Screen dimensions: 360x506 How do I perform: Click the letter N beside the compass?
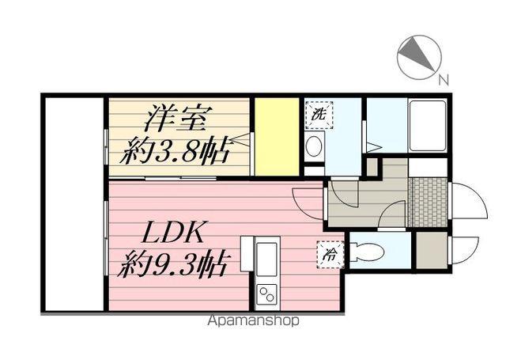pos(444,78)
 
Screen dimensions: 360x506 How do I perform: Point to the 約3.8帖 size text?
pos(179,150)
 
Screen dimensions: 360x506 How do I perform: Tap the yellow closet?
pos(277,136)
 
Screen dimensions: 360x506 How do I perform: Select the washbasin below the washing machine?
pos(314,146)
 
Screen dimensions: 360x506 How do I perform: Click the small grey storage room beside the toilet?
pos(432,250)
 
